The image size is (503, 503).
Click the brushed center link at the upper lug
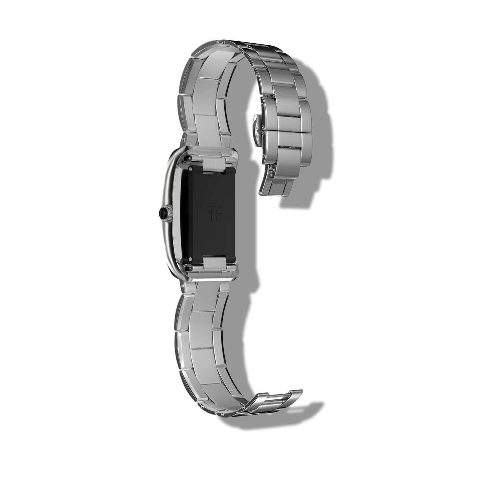tap(214, 163)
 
